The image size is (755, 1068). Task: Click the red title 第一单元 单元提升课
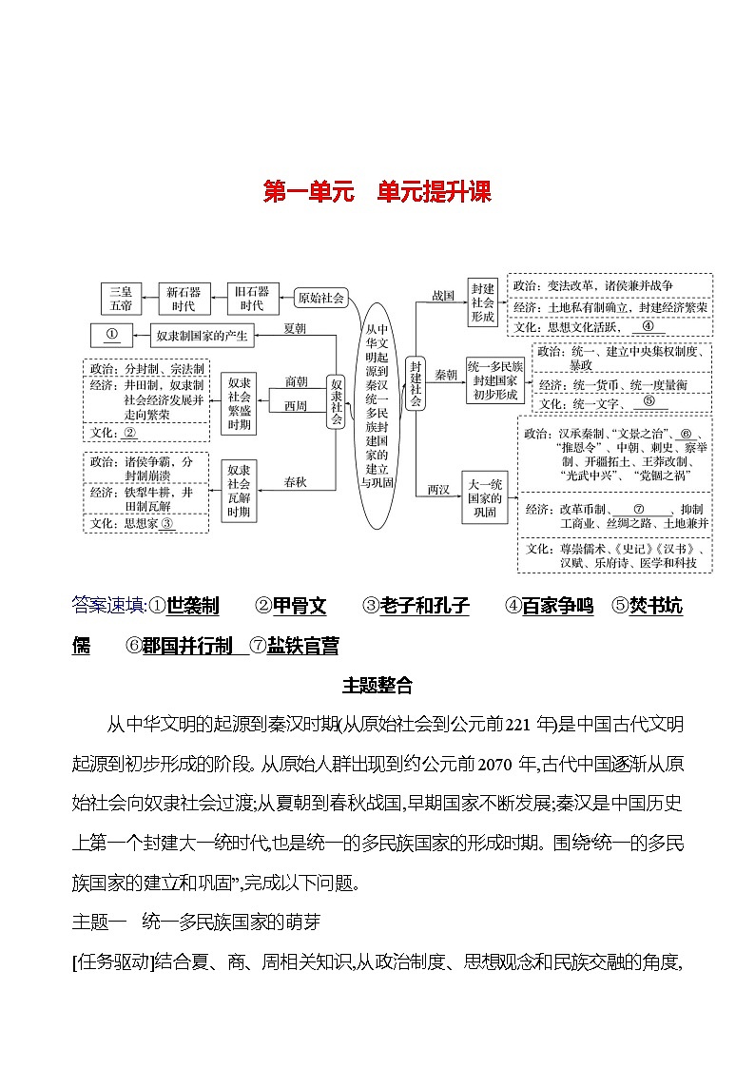(x=377, y=193)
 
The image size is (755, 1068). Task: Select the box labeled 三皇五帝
(x=122, y=299)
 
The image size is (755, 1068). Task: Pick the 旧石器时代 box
(x=252, y=299)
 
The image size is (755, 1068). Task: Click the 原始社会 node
(x=321, y=298)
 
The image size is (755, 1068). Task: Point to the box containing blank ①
(x=112, y=335)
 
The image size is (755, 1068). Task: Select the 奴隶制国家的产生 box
(x=202, y=335)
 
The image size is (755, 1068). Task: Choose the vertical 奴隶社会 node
(x=335, y=399)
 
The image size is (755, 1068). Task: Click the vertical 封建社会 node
(x=415, y=383)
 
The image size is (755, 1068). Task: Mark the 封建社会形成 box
(x=483, y=302)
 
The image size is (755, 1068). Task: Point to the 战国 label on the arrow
(x=444, y=295)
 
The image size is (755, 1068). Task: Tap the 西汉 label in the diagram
(x=438, y=489)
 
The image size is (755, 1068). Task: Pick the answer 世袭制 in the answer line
(x=193, y=606)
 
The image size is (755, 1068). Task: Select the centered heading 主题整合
(x=377, y=684)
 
